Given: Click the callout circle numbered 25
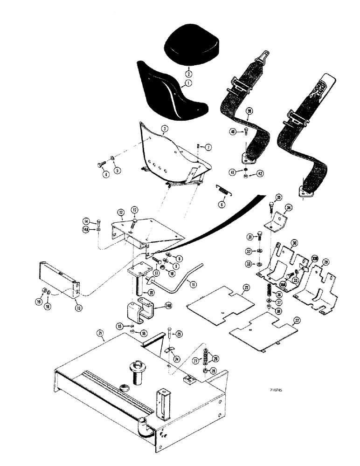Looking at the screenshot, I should (x=180, y=334).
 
